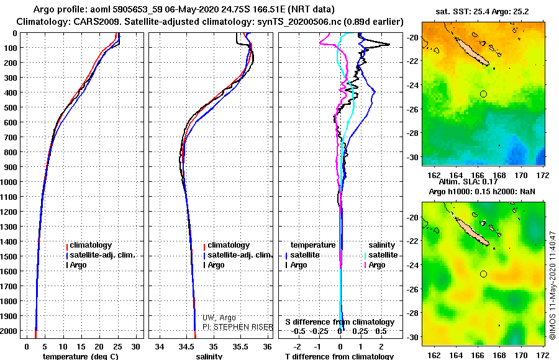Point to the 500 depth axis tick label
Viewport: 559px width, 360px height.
10,107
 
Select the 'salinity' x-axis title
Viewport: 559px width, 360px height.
209,356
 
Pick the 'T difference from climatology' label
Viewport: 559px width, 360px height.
339,356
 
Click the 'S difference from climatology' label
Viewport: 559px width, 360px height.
340,322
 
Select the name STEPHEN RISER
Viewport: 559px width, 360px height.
236,326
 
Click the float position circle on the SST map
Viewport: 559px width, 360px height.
483,94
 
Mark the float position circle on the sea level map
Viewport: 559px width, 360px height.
483,274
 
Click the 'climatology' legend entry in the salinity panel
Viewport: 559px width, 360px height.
229,245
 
